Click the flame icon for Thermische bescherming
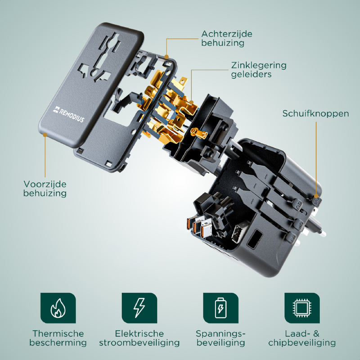coord(58,308)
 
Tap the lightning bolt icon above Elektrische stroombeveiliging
coord(139,308)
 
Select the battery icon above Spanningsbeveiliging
coord(220,308)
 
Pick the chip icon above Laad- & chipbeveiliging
coord(302,308)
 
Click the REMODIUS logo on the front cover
coord(69,114)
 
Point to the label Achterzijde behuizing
coord(227,38)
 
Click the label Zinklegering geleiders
coord(259,70)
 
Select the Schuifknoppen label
coord(315,113)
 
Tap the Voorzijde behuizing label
coord(45,189)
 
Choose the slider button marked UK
coord(299,224)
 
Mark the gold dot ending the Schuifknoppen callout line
coord(316,196)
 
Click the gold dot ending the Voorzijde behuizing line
coord(45,135)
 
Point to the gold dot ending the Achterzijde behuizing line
coord(166,57)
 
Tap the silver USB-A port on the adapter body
coord(238,233)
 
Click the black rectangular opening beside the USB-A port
coord(255,239)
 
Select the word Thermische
coord(58,333)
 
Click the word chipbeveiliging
coord(302,342)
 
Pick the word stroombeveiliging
coord(139,342)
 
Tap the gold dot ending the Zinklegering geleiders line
coord(191,103)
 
